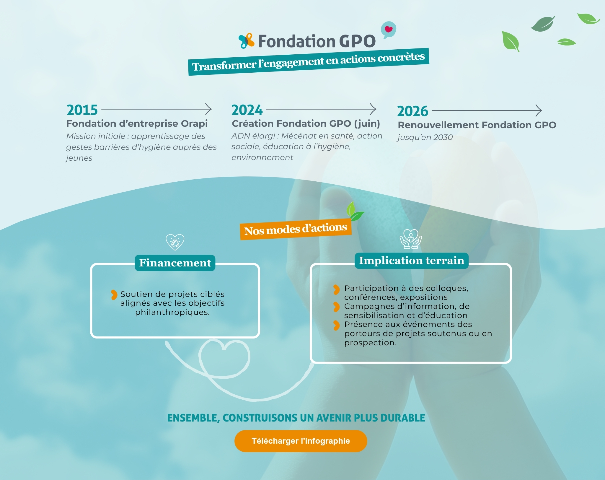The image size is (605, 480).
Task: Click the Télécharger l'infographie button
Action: pos(301,441)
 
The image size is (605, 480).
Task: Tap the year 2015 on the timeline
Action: pos(82,110)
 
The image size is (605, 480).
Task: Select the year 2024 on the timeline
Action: pos(247,110)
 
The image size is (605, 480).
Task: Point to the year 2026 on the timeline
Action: pos(412,111)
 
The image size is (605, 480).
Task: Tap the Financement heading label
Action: pos(175,263)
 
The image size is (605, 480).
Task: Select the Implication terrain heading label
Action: pos(412,261)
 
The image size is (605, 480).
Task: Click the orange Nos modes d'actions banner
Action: pos(296,229)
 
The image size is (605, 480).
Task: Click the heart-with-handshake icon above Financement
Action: pos(175,242)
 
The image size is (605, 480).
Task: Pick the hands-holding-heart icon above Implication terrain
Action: pos(411,239)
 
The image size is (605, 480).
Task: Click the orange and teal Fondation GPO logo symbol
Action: pos(246,41)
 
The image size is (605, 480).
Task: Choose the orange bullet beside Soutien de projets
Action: pos(114,295)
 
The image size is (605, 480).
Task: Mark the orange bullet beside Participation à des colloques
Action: pos(336,289)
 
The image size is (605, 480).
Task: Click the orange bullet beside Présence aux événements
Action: pos(336,325)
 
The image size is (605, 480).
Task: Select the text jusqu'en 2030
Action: pos(425,137)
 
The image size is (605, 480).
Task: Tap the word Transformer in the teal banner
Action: pos(224,66)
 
